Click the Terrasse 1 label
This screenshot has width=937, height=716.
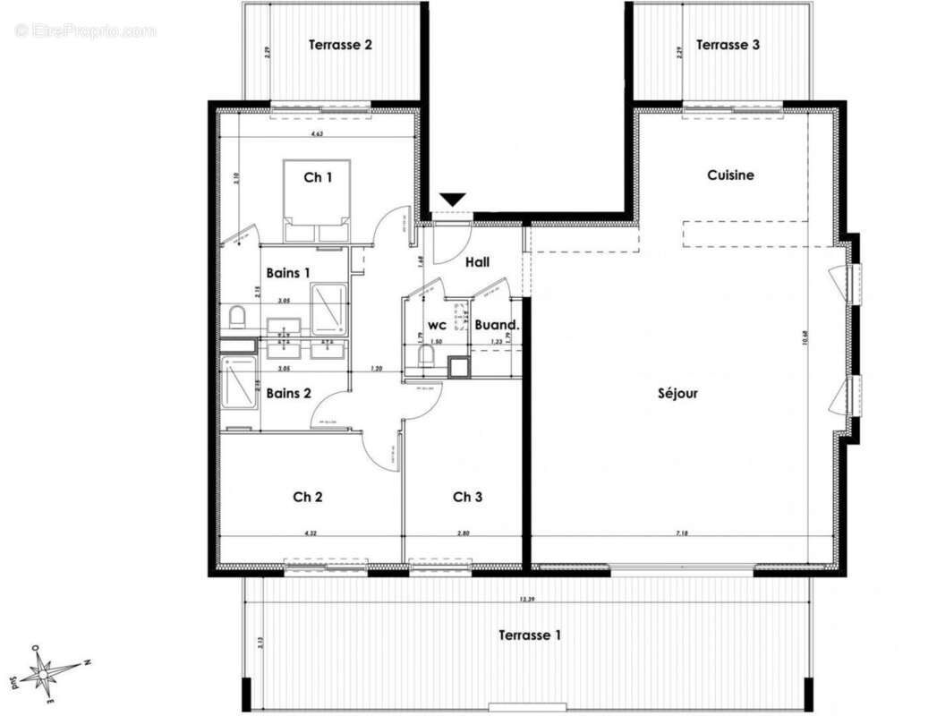click(x=531, y=635)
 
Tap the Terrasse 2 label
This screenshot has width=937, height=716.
click(x=340, y=44)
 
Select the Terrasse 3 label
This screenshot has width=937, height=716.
click(x=728, y=44)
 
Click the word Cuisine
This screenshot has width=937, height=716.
click(x=730, y=175)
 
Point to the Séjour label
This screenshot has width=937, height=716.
click(x=677, y=393)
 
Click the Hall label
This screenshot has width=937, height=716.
click(x=477, y=262)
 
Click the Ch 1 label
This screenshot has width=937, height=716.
click(x=318, y=177)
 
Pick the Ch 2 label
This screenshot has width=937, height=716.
click(x=308, y=497)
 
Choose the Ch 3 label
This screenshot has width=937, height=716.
click(x=467, y=497)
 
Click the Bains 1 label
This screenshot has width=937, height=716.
click(x=288, y=272)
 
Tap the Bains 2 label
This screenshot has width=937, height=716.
click(x=288, y=393)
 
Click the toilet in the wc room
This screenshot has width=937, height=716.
click(x=427, y=358)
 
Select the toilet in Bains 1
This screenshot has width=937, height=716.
click(x=238, y=317)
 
